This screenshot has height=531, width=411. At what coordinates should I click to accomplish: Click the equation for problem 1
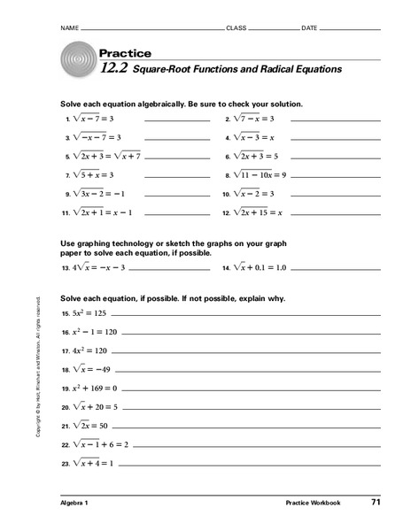click(x=97, y=118)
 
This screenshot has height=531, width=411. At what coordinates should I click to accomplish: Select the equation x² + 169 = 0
click(x=96, y=388)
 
